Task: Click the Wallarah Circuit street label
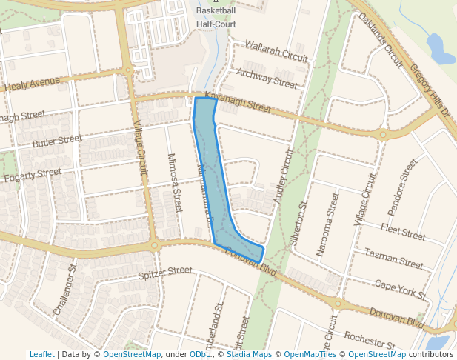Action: point(275,51)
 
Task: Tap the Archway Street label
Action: point(267,78)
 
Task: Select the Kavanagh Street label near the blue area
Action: point(238,102)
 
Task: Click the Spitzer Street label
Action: point(165,273)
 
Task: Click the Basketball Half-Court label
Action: point(216,17)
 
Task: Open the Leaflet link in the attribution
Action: point(41,355)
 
